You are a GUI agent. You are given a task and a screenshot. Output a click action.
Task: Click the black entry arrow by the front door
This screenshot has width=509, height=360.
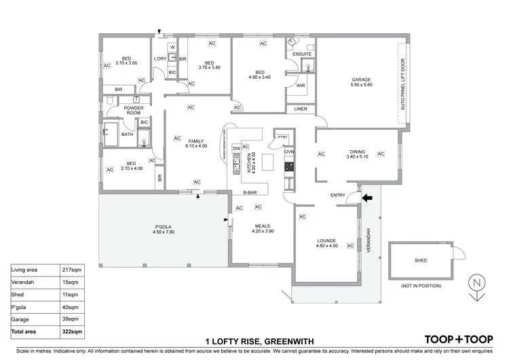(368, 198)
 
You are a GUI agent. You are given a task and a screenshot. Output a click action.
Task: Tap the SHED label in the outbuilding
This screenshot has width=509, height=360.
(421, 260)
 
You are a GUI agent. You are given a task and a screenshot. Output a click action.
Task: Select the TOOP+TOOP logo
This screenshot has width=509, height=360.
(458, 339)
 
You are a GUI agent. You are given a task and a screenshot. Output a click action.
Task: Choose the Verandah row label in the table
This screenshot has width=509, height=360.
(24, 281)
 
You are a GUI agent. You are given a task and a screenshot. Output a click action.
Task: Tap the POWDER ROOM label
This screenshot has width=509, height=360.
(132, 111)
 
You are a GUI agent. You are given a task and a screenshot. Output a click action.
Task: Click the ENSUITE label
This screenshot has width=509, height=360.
(303, 54)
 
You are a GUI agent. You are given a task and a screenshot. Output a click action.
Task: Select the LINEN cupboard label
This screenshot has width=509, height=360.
(299, 109)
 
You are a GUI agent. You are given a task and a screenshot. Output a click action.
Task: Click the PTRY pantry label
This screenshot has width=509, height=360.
(282, 137)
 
